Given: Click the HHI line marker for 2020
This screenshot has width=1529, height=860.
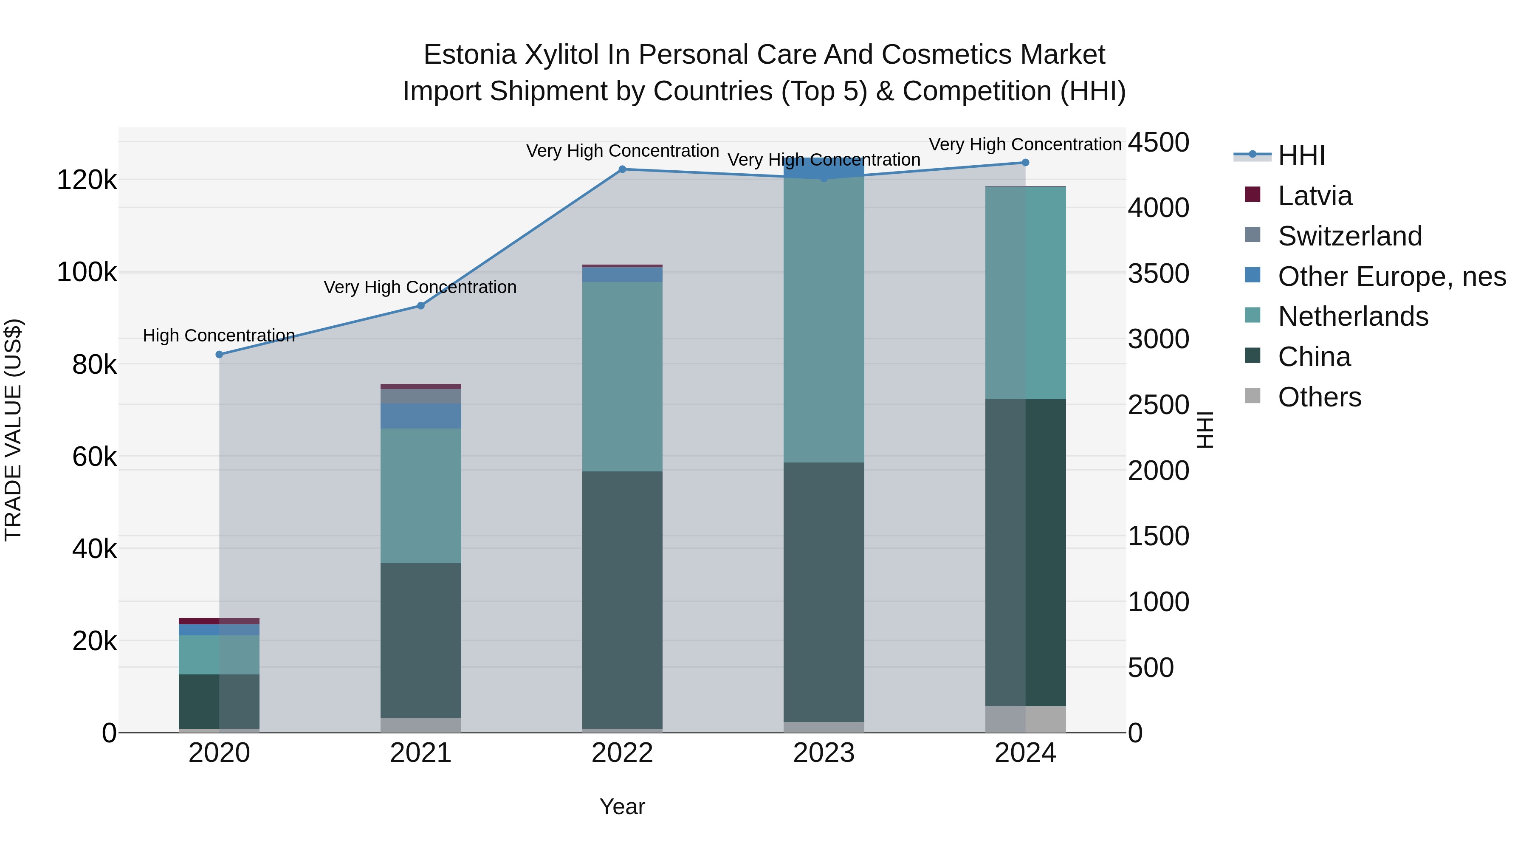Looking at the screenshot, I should click(219, 354).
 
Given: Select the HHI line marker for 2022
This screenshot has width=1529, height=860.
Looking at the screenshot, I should click(622, 169).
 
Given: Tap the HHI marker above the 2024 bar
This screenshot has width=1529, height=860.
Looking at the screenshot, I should click(1025, 163).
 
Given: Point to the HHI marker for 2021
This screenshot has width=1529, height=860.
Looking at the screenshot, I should click(421, 306).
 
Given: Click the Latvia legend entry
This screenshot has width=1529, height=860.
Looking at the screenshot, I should click(1314, 196).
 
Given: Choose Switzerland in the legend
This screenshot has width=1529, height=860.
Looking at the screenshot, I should click(1349, 236).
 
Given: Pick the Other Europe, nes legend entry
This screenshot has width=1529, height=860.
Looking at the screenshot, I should click(1391, 276).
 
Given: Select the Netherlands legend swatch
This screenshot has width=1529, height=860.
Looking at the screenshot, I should click(1253, 315).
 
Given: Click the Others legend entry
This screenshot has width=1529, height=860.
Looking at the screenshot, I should click(1319, 397).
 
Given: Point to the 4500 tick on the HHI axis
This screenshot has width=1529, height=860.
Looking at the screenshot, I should click(1158, 142).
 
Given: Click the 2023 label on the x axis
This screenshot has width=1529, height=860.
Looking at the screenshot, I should click(823, 753).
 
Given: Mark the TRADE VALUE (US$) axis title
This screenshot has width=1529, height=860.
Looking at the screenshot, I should click(13, 430).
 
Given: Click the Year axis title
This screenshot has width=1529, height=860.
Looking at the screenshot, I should click(622, 806).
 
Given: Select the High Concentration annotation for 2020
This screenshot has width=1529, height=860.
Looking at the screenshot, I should click(219, 336).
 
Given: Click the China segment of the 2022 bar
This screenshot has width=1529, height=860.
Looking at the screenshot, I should click(622, 599).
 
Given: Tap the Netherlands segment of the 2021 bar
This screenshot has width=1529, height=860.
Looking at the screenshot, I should click(421, 496).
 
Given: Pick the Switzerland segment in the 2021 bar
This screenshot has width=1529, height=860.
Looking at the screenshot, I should click(421, 396).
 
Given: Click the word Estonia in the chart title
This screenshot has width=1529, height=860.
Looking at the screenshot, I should click(469, 55).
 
